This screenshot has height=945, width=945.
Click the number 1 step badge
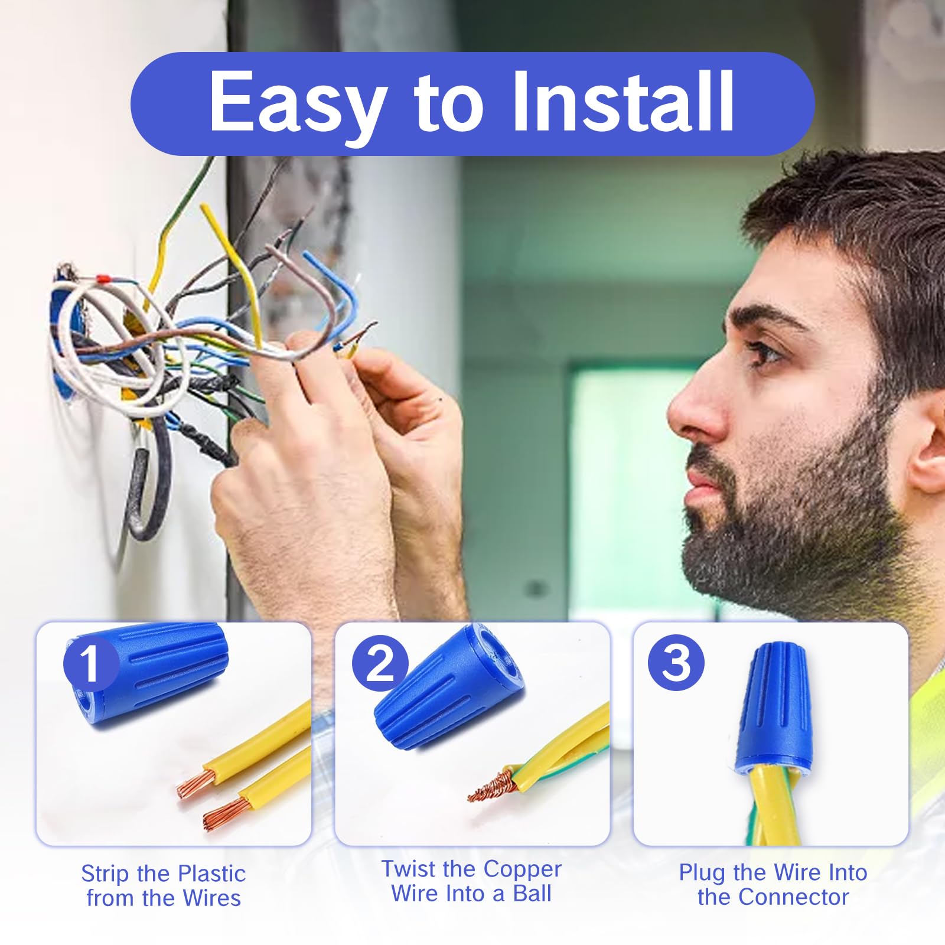pos(90,663)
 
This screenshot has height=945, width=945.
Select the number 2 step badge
pos(380,663)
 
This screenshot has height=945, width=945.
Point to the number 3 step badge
pos(676,663)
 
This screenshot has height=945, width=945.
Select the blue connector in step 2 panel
pos(449,688)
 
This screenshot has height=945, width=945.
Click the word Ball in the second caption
pos(532,894)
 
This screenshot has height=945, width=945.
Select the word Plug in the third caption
pos(702,872)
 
